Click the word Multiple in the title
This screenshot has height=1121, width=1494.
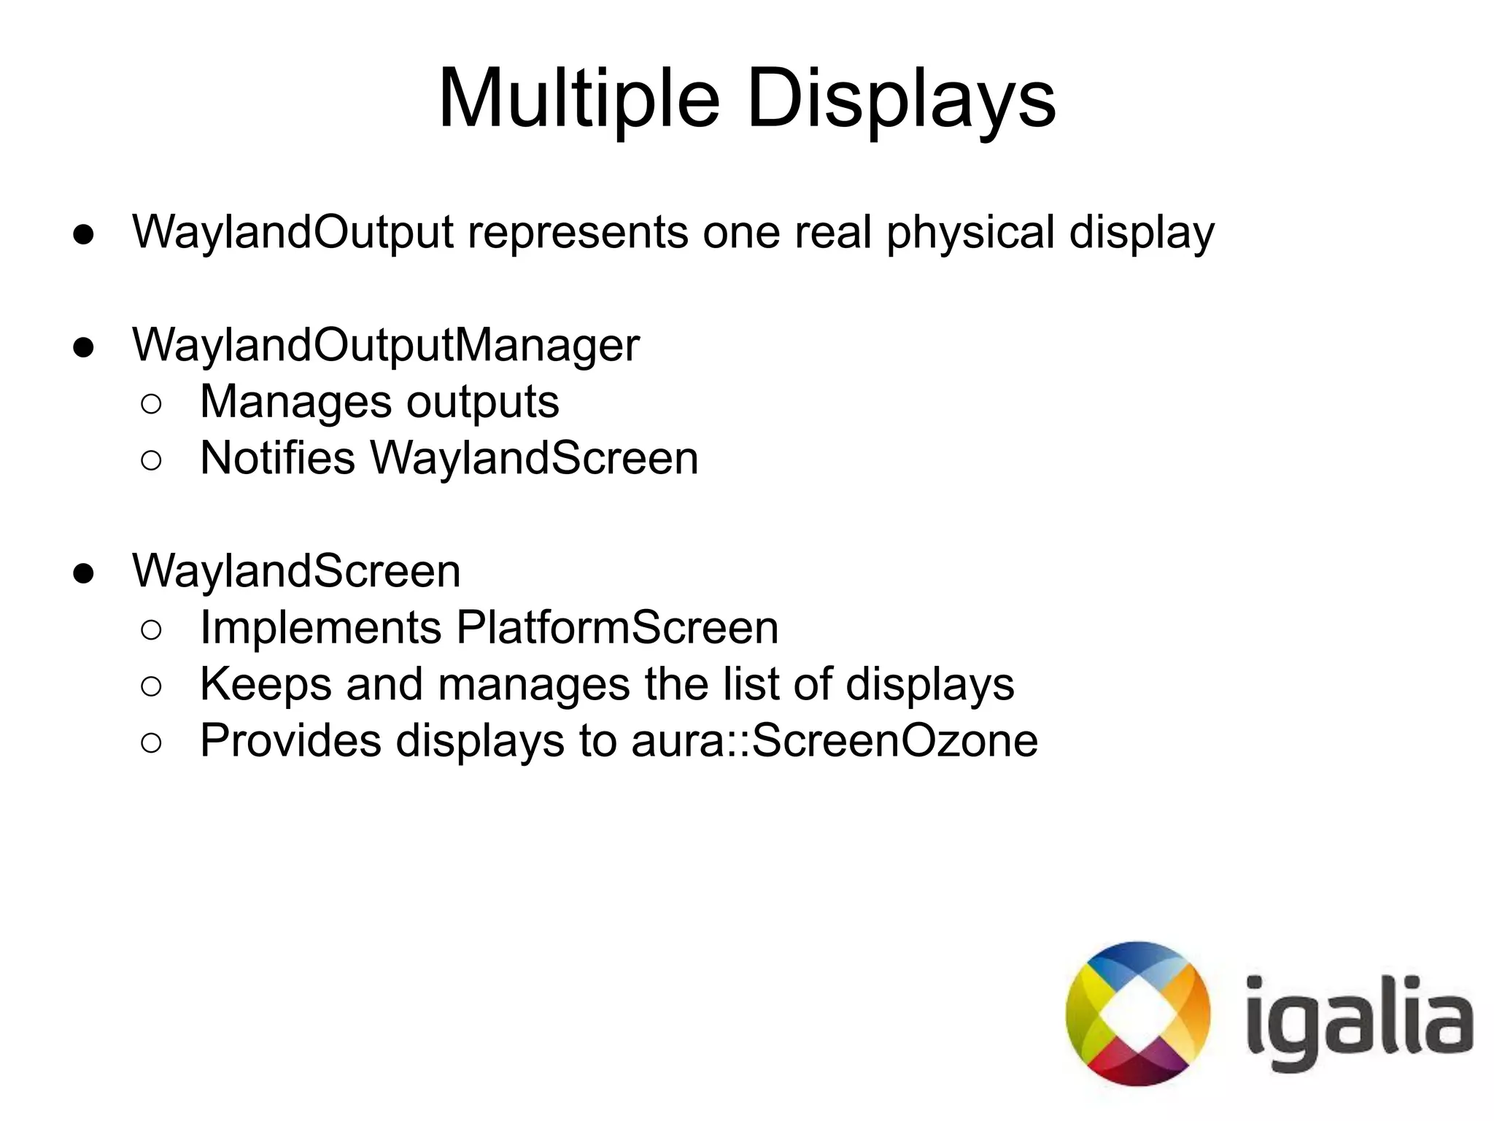pyautogui.click(x=579, y=98)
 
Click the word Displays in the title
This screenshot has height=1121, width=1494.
pyautogui.click(x=901, y=98)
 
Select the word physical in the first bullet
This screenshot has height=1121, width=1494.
pyautogui.click(x=971, y=233)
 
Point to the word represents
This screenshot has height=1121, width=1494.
pyautogui.click(x=578, y=233)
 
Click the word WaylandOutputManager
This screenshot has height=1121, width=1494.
pyautogui.click(x=385, y=345)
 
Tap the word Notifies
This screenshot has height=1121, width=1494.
pyautogui.click(x=277, y=458)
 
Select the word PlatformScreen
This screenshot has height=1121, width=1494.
pyautogui.click(x=617, y=627)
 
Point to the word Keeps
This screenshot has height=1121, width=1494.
pyautogui.click(x=266, y=684)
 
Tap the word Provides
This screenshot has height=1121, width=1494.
pyautogui.click(x=290, y=741)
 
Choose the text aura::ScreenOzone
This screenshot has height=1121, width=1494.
pyautogui.click(x=835, y=741)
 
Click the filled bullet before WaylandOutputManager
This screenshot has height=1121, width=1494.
pyautogui.click(x=84, y=348)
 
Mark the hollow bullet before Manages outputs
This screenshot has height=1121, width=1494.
pyautogui.click(x=151, y=404)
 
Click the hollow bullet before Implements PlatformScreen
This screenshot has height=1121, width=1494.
pyautogui.click(x=151, y=630)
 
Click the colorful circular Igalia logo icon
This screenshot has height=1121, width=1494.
pyautogui.click(x=1137, y=1013)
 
